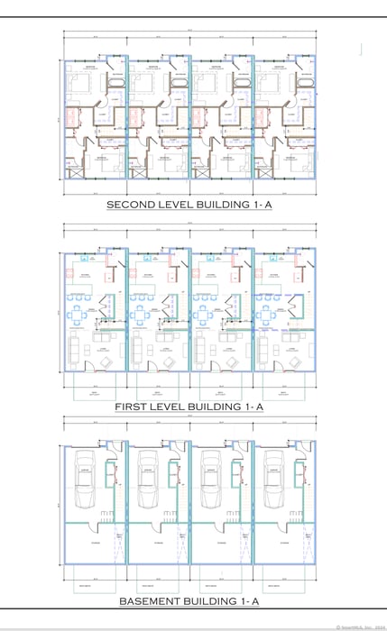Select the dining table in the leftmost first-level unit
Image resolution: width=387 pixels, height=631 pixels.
click(79, 315)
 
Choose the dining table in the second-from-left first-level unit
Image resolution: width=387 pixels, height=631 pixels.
click(143, 315)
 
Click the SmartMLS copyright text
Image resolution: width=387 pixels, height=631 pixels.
click(359, 626)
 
